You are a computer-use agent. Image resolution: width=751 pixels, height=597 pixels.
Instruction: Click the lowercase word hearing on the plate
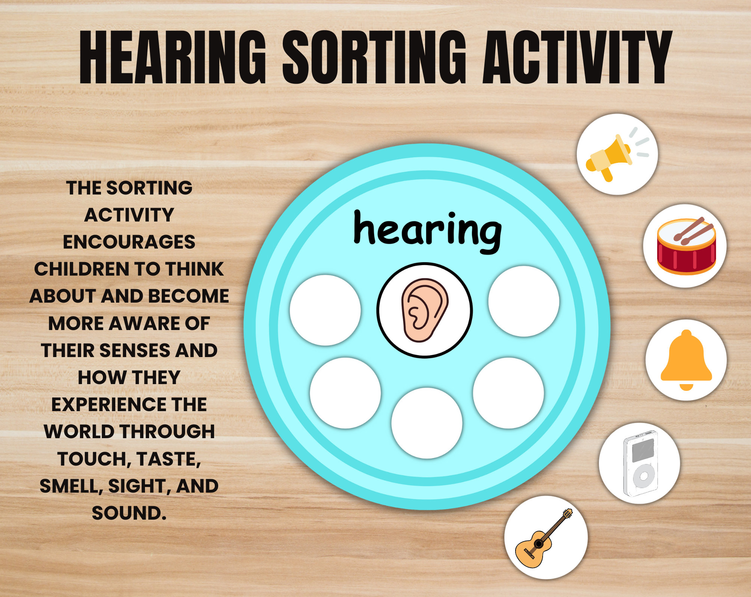(427, 230)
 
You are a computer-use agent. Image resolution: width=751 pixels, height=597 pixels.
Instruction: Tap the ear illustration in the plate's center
(424, 310)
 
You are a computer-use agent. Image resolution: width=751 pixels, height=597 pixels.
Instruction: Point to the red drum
(685, 255)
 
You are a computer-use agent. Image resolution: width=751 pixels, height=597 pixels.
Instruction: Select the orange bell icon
(686, 359)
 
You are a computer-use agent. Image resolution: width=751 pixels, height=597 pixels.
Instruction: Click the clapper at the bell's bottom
(686, 387)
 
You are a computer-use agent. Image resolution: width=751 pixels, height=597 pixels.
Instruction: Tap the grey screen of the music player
(643, 450)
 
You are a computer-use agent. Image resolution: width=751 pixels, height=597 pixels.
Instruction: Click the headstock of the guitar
(567, 513)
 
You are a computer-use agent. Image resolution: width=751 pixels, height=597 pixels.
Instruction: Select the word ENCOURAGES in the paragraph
(129, 242)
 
